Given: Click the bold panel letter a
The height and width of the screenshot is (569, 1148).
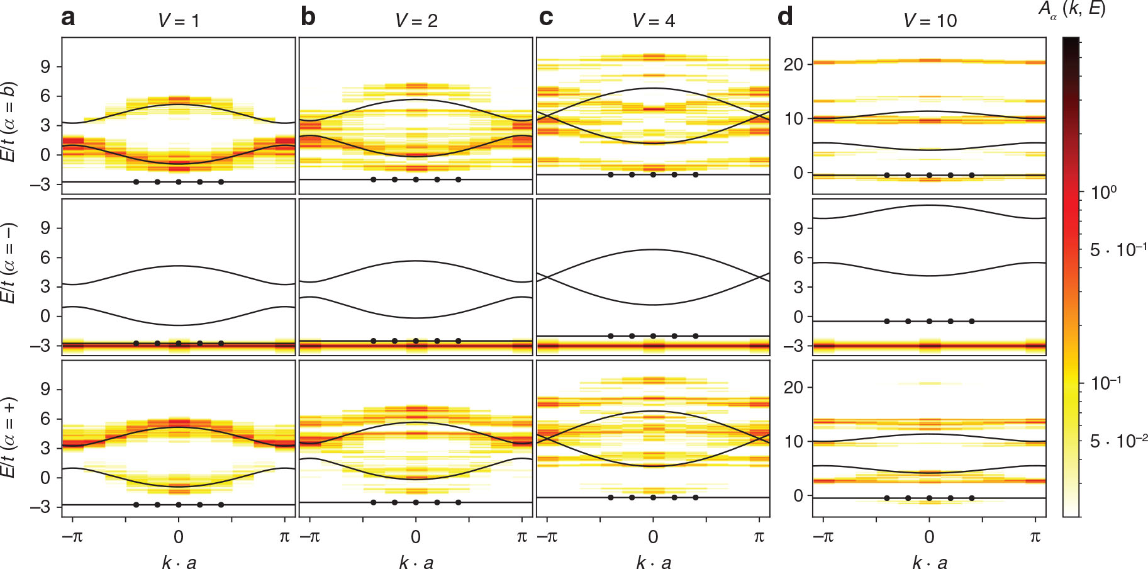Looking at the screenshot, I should pos(68,18).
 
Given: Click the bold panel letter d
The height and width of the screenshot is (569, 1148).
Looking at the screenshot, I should pos(785,18).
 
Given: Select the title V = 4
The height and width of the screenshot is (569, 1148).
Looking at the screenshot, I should pos(653,21).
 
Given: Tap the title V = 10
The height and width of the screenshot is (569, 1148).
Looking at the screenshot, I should pos(930,21).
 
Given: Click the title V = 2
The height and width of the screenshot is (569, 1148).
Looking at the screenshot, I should pos(416,21).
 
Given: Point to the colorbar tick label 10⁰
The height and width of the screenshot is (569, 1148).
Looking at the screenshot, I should pos(1104,192).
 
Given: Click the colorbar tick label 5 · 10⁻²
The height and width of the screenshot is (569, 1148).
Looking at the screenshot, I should pos(1118,441).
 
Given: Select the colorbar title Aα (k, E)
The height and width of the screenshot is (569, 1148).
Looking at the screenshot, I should pos(1071,9).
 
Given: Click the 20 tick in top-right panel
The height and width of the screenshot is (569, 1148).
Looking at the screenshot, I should pos(794,64).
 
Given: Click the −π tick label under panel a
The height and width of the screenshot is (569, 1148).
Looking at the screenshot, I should pos(72,537).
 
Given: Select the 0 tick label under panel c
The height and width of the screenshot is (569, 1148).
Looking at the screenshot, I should pos(653,537).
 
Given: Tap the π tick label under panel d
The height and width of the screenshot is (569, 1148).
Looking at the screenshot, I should pos(1035,537).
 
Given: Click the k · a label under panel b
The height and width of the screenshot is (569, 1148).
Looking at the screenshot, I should pos(416,562).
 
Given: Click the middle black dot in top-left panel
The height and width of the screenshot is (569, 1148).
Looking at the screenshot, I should pos(179,182).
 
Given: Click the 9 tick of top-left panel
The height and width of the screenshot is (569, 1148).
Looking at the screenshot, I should pos(45,67).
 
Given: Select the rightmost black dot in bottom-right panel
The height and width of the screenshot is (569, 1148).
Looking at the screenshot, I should pos(972,498).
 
